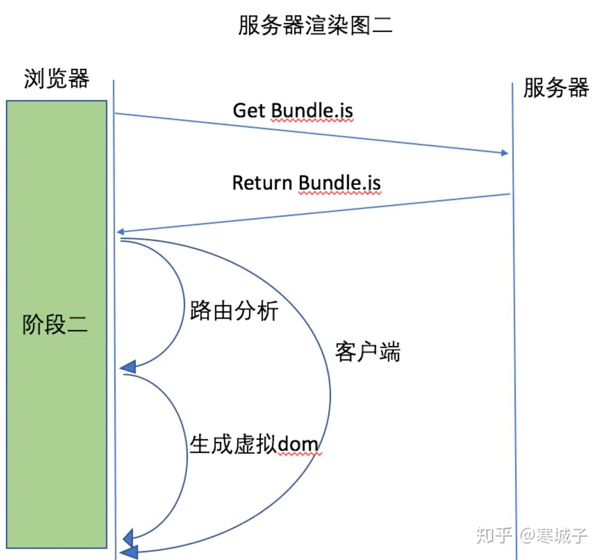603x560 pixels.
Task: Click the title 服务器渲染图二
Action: click(x=315, y=25)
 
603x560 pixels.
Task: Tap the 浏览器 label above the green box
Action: click(x=57, y=79)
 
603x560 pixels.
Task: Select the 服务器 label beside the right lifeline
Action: click(x=556, y=88)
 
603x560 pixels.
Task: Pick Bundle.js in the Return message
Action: click(x=339, y=183)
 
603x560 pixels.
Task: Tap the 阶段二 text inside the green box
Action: click(x=55, y=324)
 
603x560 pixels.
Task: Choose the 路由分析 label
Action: click(x=234, y=311)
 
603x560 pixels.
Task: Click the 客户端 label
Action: click(x=367, y=352)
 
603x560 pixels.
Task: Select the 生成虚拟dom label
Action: click(x=254, y=444)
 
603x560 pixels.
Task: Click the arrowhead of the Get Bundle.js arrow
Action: click(x=504, y=153)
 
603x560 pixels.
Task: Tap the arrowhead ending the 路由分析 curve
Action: click(x=129, y=367)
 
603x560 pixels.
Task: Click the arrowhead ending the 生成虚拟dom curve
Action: click(x=129, y=538)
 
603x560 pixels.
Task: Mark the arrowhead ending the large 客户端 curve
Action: click(x=130, y=552)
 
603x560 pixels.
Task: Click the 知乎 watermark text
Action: click(x=494, y=535)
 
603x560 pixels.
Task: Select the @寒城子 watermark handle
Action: click(x=554, y=535)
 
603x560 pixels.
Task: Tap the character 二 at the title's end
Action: click(x=382, y=25)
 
